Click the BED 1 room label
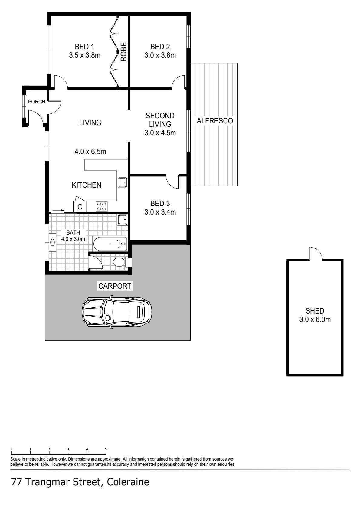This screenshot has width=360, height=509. coord(84,47)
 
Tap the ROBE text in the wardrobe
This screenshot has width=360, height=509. coord(123,52)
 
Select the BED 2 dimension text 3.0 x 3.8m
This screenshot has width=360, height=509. coord(160,55)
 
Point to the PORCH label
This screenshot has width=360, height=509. coord(37,102)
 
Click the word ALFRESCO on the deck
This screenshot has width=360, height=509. coord(214,121)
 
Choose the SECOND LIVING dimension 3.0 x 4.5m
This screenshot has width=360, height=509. coord(160,133)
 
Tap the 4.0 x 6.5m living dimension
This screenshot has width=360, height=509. coord(90,151)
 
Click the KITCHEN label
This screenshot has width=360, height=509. coord(86,185)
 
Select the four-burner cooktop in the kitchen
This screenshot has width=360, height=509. coord(102,207)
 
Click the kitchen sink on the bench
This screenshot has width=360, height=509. coord(123,182)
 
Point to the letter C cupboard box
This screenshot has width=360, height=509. coord(80,207)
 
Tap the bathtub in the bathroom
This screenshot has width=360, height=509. coord(110,244)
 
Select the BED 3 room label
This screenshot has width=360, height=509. coord(160,203)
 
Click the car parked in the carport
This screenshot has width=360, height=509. coord(117,311)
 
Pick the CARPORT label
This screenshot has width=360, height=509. coord(115,286)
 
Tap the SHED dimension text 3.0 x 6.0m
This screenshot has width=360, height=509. coord(315,320)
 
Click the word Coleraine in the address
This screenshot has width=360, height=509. coord(128,482)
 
